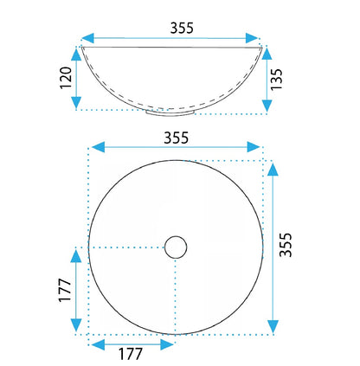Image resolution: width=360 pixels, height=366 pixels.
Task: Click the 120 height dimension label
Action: [x=66, y=78]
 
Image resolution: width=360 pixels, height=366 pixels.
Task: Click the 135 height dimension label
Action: [x=277, y=79]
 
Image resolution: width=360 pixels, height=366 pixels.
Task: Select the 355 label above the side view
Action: [x=182, y=28]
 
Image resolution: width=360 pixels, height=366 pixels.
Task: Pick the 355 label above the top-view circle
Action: [x=176, y=138]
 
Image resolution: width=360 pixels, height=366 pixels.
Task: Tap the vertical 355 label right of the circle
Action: [x=286, y=245]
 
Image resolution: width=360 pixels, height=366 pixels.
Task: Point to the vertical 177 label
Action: [x=65, y=290]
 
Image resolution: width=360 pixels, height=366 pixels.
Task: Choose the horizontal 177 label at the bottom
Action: [x=131, y=354]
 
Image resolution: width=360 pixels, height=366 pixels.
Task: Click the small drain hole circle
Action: [x=176, y=247]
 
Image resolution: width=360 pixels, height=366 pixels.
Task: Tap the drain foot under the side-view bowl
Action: [x=170, y=113]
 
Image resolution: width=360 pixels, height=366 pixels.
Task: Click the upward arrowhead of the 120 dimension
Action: [x=76, y=55]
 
